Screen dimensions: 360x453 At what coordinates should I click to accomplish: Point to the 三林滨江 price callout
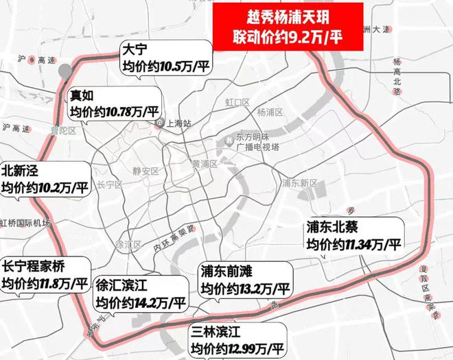tap(237, 336)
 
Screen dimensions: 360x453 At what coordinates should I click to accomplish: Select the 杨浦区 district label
tap(269, 112)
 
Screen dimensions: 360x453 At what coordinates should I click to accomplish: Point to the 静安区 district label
tap(146, 171)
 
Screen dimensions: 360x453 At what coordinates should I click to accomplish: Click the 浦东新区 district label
tap(300, 183)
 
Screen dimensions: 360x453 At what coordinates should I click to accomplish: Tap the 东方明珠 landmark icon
tap(228, 141)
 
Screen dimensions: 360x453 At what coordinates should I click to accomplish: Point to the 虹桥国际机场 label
tap(26, 222)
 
